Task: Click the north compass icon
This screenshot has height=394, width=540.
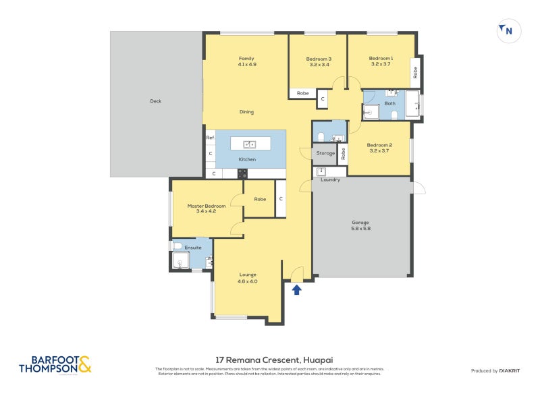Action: point(506,30)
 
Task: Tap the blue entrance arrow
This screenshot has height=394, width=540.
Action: point(296,289)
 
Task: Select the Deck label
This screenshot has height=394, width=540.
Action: point(156,101)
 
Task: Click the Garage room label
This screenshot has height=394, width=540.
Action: point(360,222)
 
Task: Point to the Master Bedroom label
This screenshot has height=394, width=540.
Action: point(207,206)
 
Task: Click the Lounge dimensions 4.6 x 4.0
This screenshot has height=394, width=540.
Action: point(248,281)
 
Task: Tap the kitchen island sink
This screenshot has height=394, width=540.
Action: point(249,144)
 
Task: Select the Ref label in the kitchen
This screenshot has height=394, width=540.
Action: point(210,138)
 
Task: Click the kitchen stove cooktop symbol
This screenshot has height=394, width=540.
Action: point(242,173)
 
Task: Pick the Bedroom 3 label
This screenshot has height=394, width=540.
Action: point(319,59)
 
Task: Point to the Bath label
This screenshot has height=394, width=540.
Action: point(390,103)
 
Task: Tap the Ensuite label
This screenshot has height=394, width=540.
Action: point(192,248)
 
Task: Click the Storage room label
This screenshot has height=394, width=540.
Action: point(325,154)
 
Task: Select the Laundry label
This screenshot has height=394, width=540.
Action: point(330,179)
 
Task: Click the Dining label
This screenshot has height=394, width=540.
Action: point(246,112)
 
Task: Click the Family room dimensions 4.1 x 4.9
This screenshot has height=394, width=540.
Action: point(247,65)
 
